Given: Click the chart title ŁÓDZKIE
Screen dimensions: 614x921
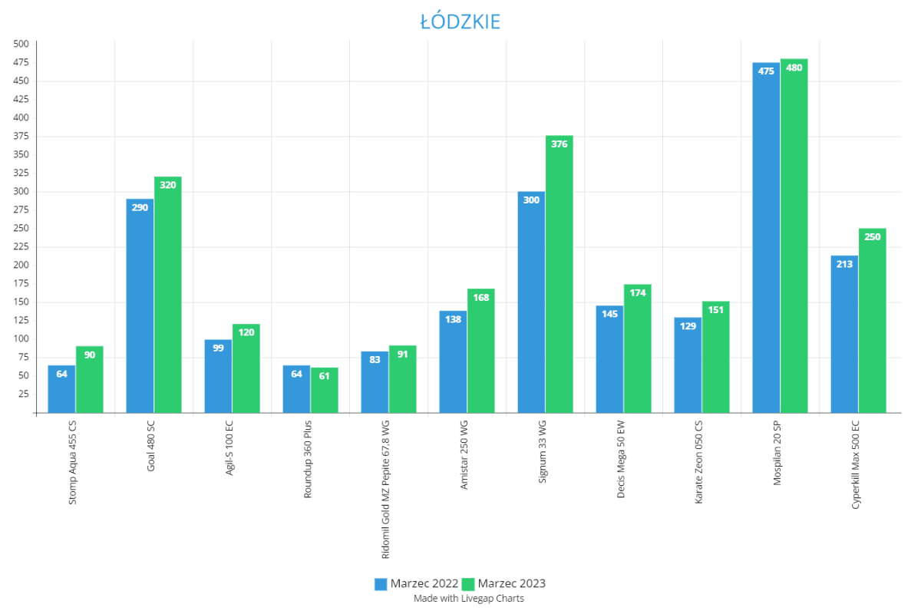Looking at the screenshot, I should [460, 21].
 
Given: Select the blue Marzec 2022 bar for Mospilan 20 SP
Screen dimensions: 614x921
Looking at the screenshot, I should [766, 246].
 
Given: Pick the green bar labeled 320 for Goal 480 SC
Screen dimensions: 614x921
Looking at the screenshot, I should [168, 299].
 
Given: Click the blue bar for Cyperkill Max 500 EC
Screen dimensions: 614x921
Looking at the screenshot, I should [844, 338].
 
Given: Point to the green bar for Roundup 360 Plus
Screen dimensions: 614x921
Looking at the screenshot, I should [325, 391].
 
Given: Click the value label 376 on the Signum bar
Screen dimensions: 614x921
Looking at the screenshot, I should [560, 144].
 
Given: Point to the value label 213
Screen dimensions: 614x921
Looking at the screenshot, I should [844, 265].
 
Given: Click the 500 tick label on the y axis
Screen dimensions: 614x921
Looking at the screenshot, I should [21, 44].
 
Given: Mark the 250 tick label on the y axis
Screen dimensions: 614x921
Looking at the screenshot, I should [21, 229].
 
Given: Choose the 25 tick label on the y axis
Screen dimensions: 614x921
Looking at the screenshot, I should [23, 394].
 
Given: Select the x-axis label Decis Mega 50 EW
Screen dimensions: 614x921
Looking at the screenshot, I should [620, 460].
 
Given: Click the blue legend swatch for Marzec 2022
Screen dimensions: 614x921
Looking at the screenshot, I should [381, 584].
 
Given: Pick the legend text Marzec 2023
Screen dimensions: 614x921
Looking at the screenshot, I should [511, 584].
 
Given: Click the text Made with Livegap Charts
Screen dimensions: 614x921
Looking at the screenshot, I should [468, 599].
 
